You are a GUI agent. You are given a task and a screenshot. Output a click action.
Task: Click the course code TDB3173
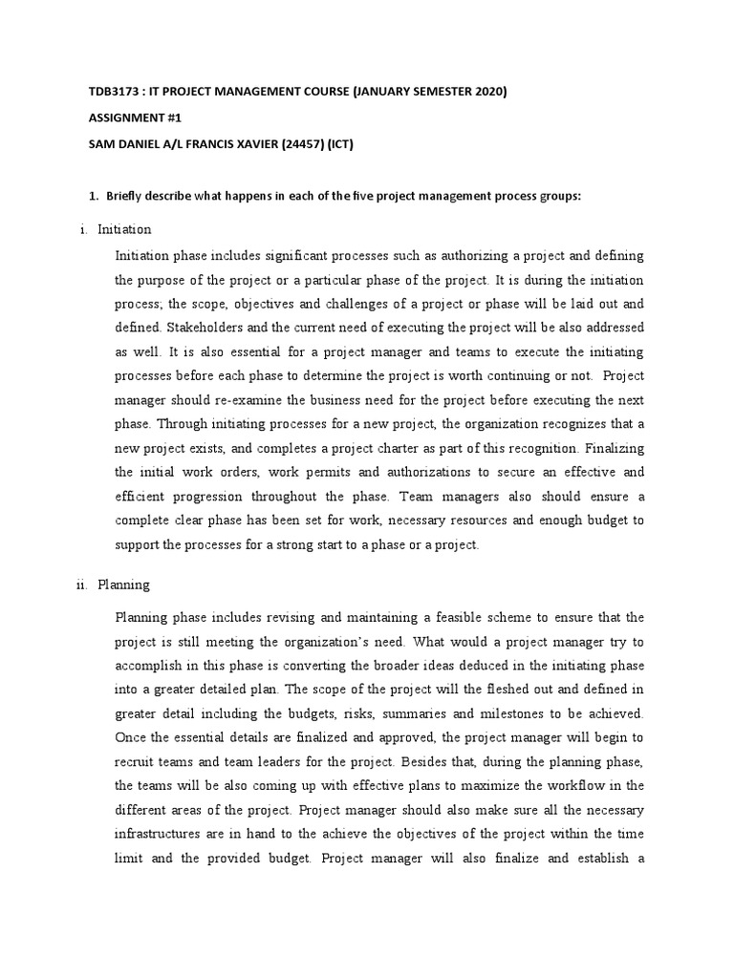pyautogui.click(x=110, y=92)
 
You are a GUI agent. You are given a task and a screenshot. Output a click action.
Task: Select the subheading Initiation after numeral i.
pyautogui.click(x=124, y=229)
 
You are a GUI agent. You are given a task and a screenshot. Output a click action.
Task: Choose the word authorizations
pyautogui.click(x=442, y=472)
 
